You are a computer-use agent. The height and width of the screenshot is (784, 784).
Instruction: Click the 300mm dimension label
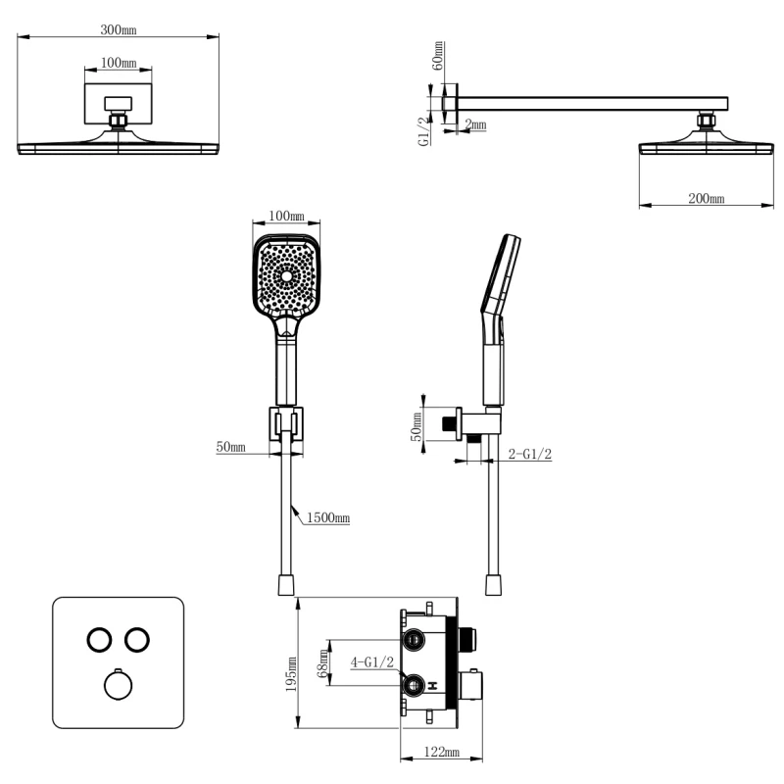(x=119, y=29)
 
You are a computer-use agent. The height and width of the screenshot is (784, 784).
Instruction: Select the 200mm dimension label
(x=706, y=198)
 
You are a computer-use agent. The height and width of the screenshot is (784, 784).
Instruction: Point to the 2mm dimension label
(x=475, y=123)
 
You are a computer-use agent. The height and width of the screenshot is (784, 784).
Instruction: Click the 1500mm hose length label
(x=327, y=516)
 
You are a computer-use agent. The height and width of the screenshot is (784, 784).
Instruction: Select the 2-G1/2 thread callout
(x=529, y=454)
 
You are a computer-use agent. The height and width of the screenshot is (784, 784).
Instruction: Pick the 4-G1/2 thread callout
(x=373, y=661)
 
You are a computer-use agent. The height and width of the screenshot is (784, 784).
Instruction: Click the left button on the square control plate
(x=99, y=639)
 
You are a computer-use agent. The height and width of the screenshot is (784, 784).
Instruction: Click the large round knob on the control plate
(x=119, y=684)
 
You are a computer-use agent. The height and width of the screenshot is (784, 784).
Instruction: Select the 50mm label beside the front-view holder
(x=231, y=447)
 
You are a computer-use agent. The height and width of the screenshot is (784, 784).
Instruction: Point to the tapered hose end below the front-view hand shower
(x=286, y=585)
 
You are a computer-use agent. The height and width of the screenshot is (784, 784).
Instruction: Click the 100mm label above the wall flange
(x=119, y=63)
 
